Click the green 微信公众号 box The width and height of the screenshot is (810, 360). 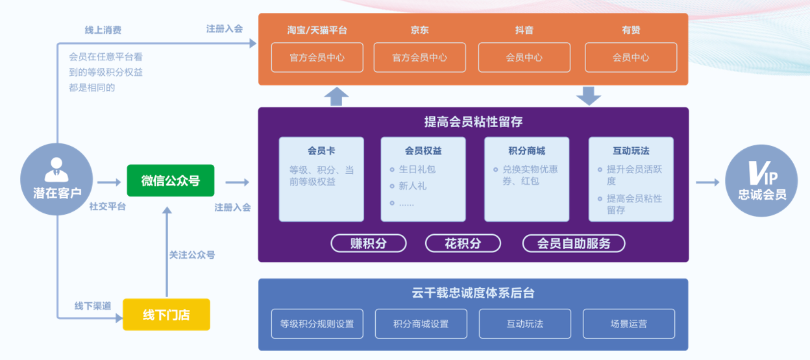[171, 181]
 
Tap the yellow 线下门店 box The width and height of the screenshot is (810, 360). [167, 315]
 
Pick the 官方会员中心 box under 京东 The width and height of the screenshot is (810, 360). [419, 57]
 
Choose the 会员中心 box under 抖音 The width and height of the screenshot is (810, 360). [524, 57]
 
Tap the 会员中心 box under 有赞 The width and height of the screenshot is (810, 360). [631, 57]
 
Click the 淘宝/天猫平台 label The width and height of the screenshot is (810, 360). [317, 30]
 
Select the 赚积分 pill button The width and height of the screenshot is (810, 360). [369, 243]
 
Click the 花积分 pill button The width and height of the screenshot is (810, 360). [463, 243]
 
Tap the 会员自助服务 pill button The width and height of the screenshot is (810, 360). [574, 243]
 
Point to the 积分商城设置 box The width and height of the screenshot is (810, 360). [421, 324]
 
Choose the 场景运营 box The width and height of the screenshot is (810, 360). [628, 324]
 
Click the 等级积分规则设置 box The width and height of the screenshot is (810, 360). [317, 324]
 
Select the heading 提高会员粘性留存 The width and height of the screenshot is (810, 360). [472, 122]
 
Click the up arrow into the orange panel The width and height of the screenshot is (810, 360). [336, 96]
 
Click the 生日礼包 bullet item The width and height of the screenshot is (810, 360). [417, 169]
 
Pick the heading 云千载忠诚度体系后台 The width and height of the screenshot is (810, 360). [472, 293]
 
